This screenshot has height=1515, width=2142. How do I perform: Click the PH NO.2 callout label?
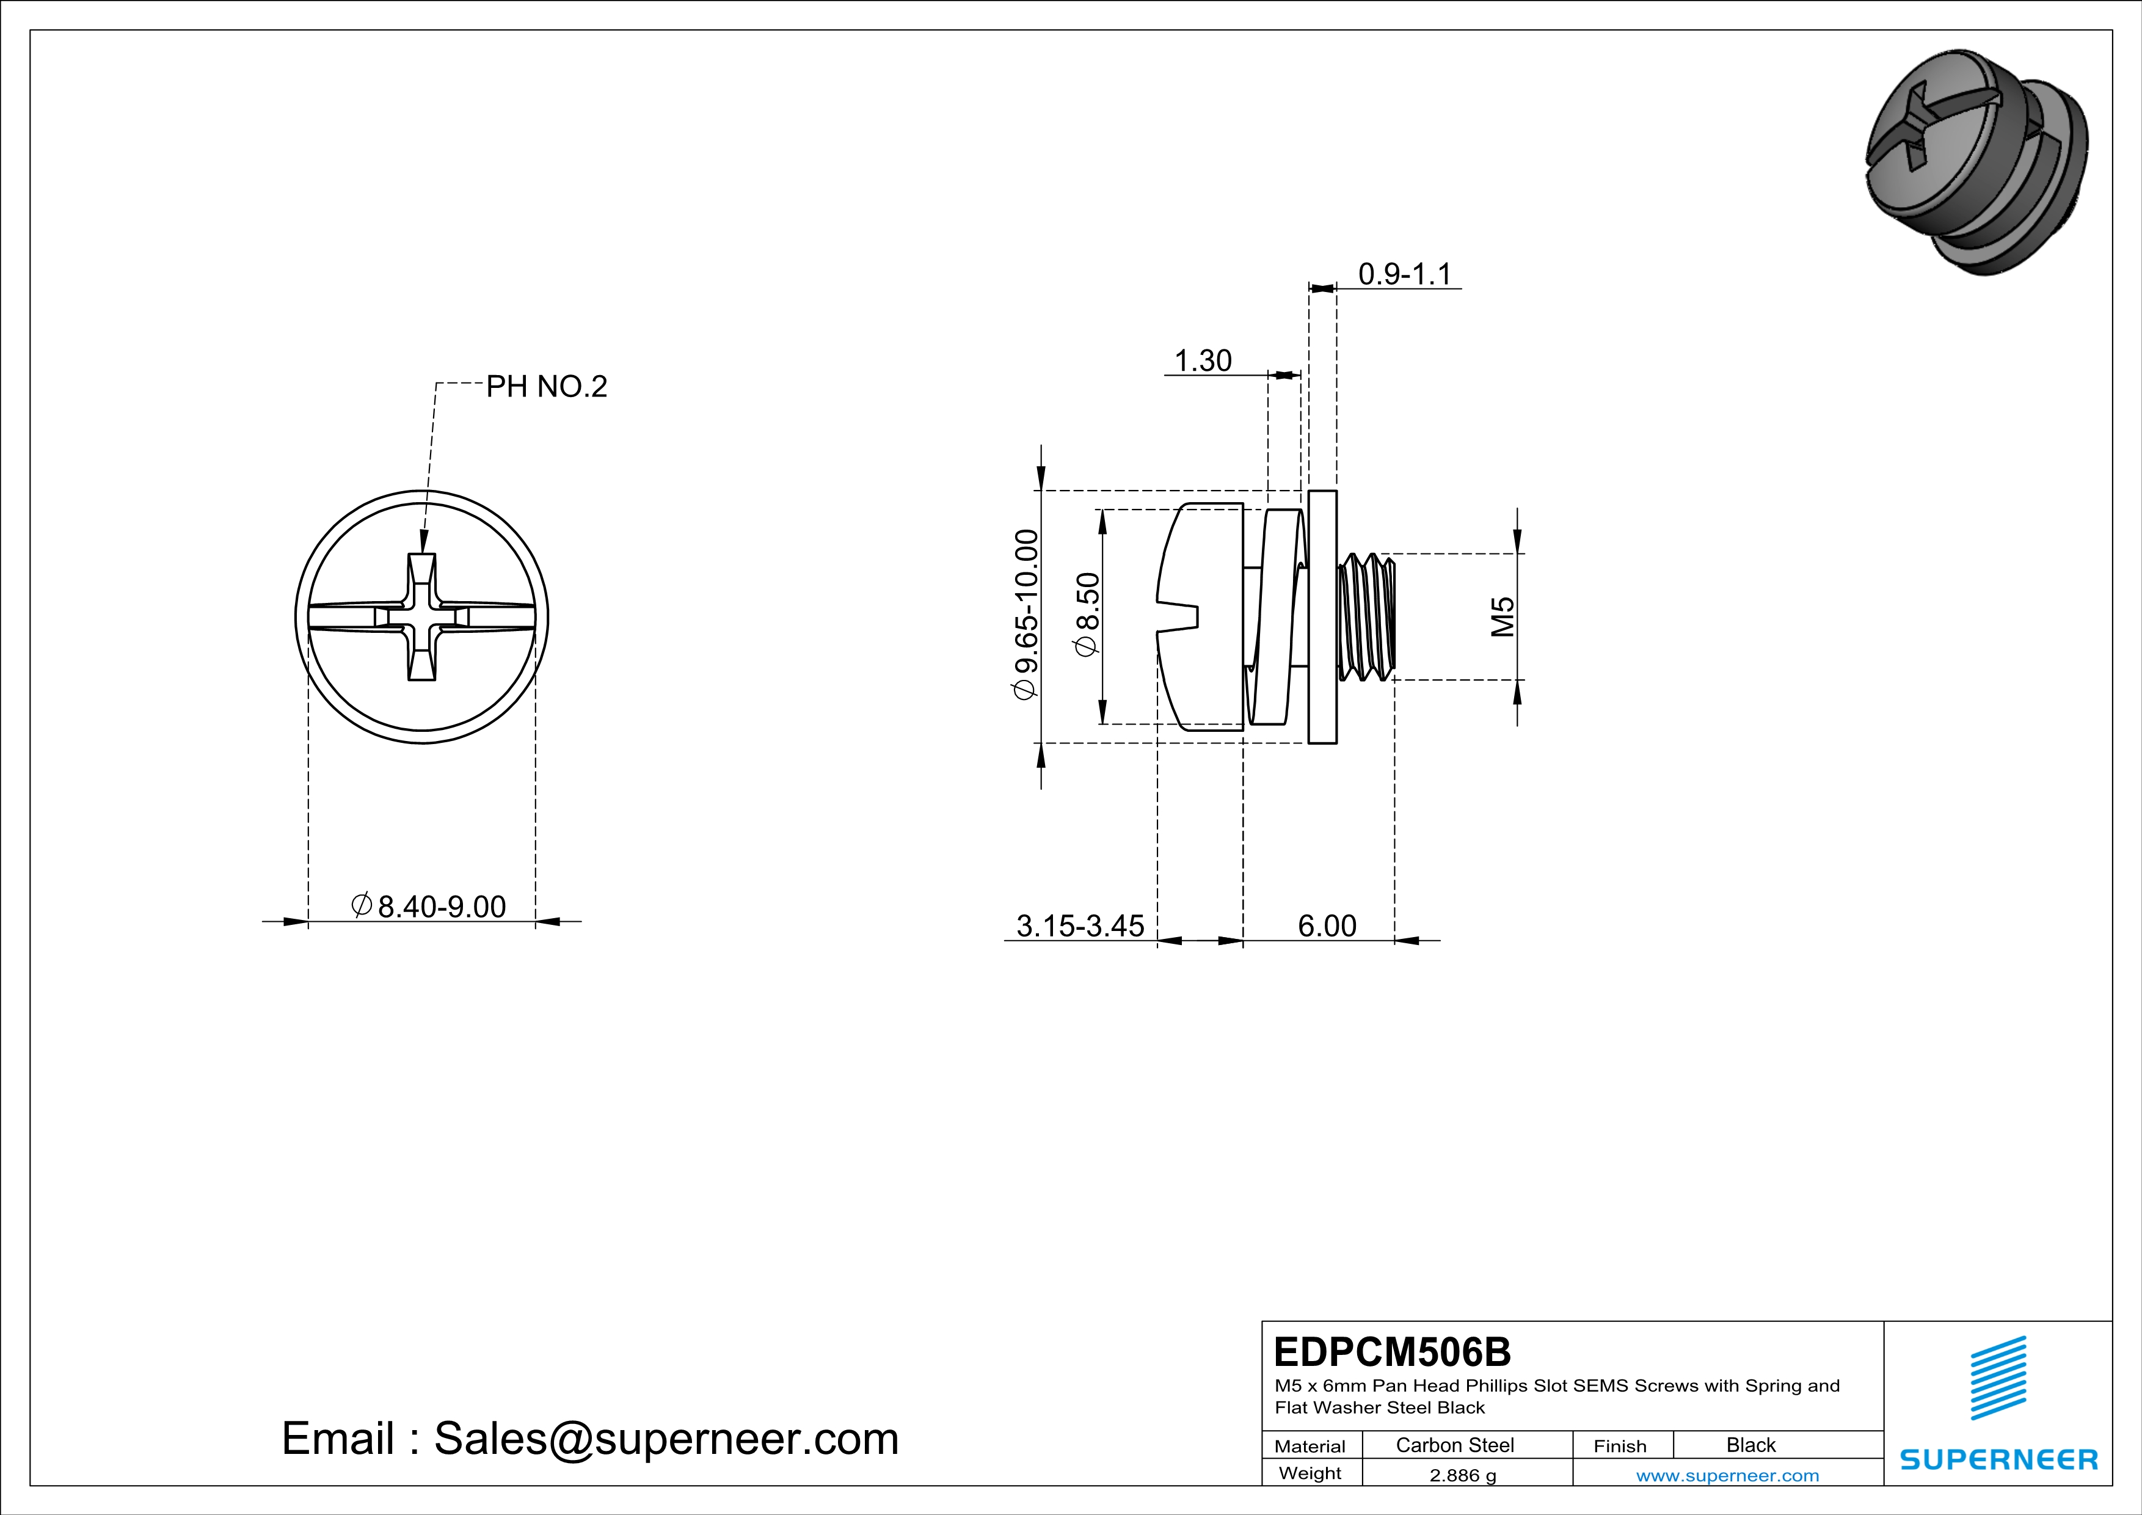[546, 386]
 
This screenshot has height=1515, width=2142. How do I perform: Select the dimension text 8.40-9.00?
[441, 906]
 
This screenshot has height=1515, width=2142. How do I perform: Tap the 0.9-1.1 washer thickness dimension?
[1404, 274]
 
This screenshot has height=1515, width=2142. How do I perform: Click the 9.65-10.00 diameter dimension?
[1026, 613]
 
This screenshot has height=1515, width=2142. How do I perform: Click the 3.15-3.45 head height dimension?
[1079, 925]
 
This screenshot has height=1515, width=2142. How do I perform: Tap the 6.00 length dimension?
[1327, 925]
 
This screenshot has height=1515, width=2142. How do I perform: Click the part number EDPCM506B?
[1392, 1352]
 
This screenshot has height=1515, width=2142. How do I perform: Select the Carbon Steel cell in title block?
[1454, 1445]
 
